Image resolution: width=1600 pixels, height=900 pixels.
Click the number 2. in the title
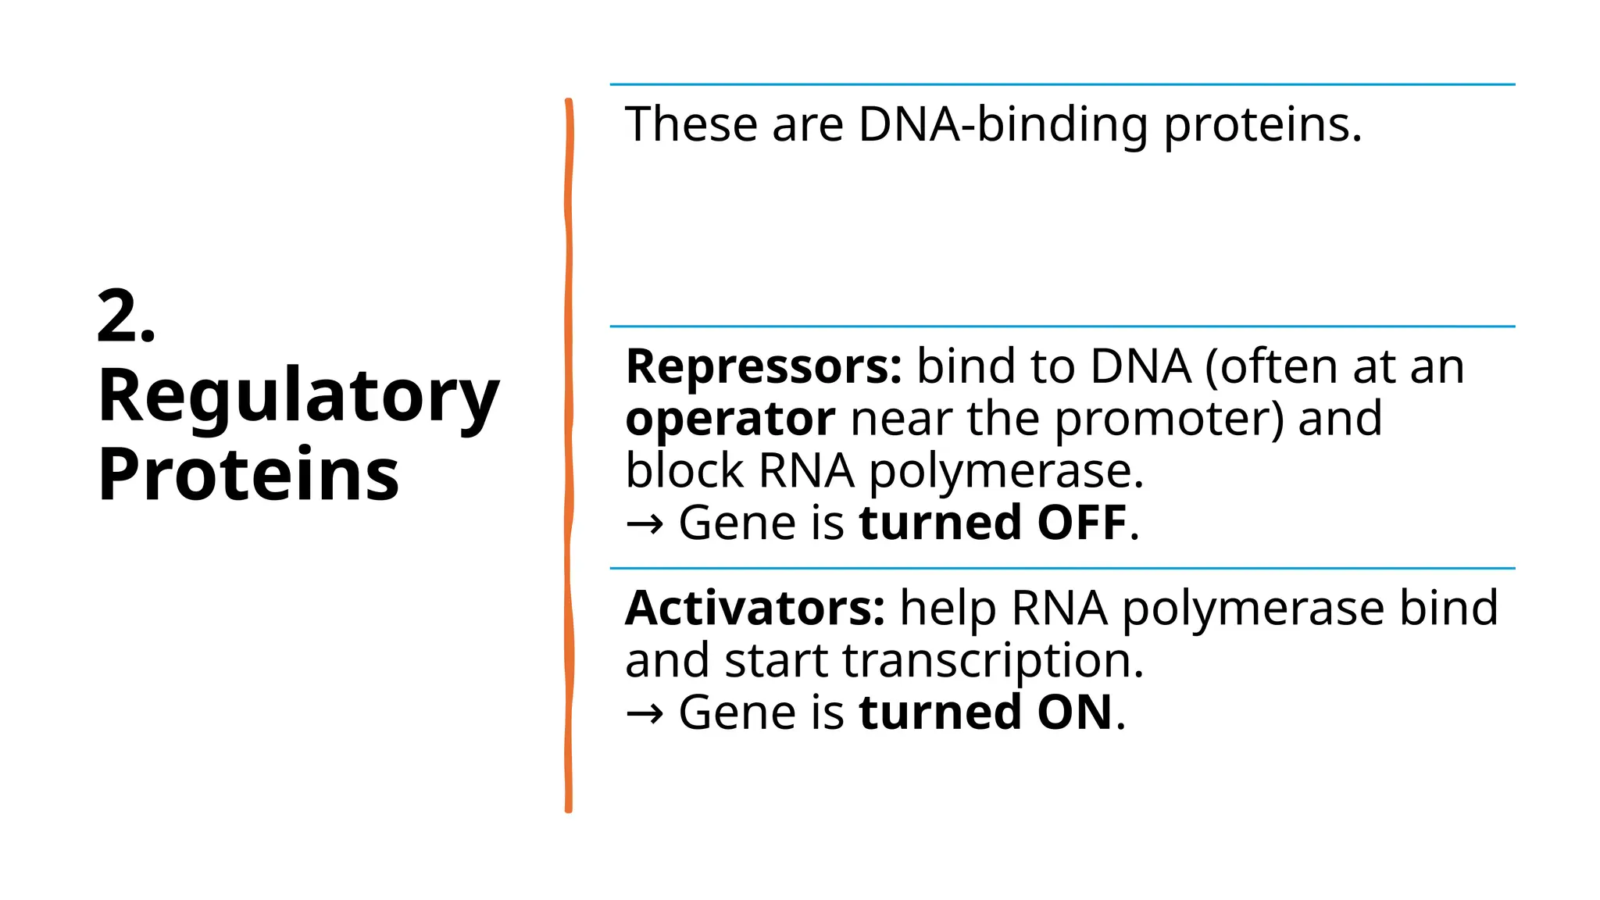[x=126, y=316]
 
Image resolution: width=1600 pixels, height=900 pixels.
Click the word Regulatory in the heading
[x=298, y=397]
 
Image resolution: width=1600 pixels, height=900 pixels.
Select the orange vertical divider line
[x=569, y=453]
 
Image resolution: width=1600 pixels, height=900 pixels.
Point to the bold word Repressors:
[x=763, y=367]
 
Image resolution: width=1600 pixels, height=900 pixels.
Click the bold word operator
[x=730, y=420]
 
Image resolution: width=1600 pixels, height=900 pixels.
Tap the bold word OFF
[x=1081, y=523]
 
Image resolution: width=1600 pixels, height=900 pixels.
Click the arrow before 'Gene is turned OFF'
[x=645, y=524]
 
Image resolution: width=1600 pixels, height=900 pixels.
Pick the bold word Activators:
[x=755, y=609]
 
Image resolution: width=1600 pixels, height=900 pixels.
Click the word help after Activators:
[x=948, y=609]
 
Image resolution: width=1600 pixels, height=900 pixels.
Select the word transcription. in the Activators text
[x=993, y=661]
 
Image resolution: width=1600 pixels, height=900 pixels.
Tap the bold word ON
[x=1074, y=712]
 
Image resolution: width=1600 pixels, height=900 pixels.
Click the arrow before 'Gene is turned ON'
[x=645, y=714]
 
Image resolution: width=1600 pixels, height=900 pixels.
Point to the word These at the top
[x=691, y=125]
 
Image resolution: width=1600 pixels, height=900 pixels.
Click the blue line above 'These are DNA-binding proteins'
[x=1062, y=84]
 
